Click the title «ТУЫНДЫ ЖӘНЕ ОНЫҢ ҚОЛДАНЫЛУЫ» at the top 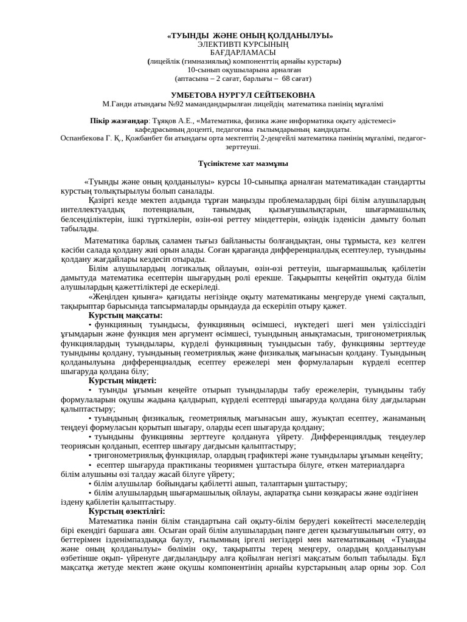(x=250, y=36)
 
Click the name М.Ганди (x=117, y=104)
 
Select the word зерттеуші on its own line (x=243, y=146)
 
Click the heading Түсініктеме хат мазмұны (x=243, y=164)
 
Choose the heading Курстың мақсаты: (x=125, y=315)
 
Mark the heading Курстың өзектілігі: (x=126, y=511)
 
